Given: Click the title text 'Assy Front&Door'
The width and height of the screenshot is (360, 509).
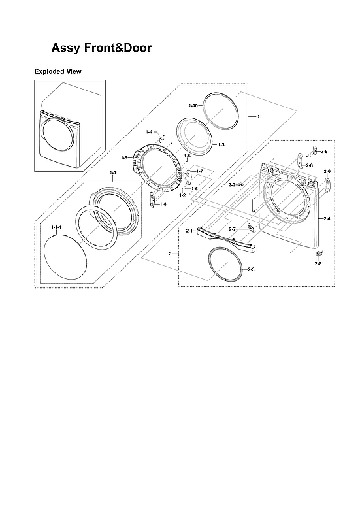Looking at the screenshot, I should coord(101,48).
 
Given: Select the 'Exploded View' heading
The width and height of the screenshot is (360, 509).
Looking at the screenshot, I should coord(57,71).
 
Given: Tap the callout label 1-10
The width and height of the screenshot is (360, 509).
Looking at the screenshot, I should coord(193,105).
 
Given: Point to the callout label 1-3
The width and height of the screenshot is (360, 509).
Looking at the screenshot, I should coord(221,144).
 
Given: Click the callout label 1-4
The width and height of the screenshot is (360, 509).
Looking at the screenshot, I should coord(149,132).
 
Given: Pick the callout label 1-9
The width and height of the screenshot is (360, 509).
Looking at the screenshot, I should coord(124,157).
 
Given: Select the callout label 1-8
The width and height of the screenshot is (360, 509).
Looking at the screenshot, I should coord(163,204).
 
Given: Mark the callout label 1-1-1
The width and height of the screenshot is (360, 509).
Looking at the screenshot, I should coord(56,227).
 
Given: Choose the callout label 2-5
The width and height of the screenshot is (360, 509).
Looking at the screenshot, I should coord(323,152).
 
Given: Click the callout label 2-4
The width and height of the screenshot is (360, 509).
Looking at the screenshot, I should coord(326,218).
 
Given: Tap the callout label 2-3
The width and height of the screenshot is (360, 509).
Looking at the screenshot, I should coord(252,269).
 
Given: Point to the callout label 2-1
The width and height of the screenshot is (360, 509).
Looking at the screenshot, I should coord(189,231).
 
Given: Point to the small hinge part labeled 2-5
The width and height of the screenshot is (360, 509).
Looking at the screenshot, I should coord(315,150).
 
